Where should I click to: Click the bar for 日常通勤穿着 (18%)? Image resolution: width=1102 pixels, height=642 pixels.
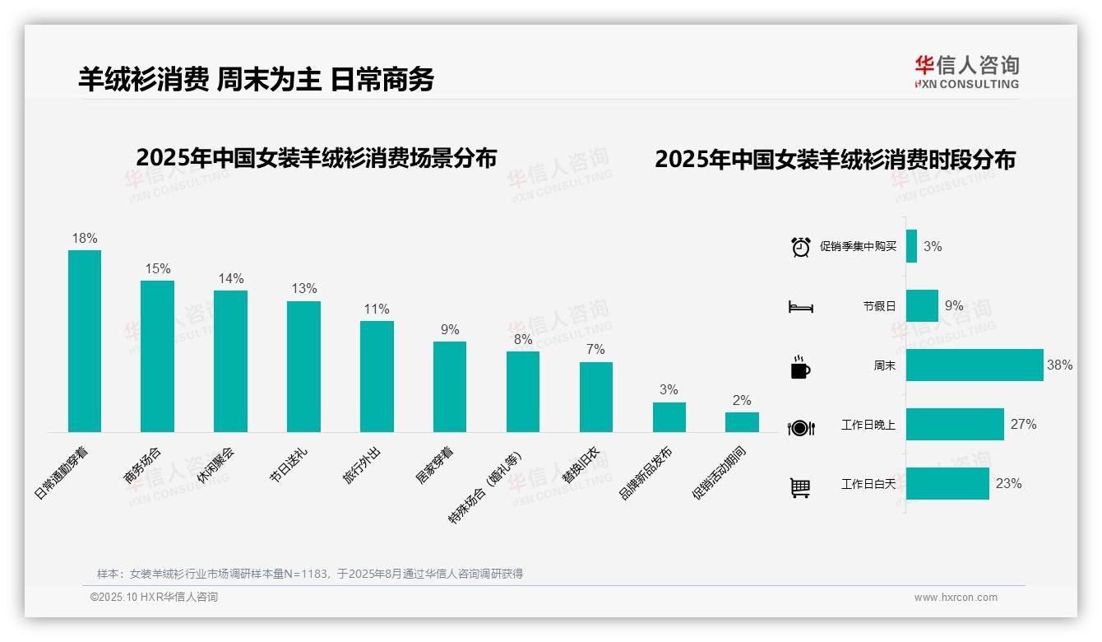(85, 341)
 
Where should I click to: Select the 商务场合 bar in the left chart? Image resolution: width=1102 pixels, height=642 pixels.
(157, 356)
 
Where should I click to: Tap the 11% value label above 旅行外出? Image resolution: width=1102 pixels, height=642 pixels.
(377, 309)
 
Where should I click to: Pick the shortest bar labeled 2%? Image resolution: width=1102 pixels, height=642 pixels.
(742, 422)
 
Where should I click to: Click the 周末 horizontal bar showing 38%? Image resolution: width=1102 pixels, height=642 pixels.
(975, 365)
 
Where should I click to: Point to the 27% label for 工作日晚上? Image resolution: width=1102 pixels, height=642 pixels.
(1023, 425)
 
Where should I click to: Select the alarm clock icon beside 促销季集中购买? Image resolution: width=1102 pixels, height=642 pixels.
(801, 246)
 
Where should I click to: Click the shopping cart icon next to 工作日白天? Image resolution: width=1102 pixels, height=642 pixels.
(800, 487)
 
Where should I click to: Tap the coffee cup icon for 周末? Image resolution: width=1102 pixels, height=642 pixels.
(800, 367)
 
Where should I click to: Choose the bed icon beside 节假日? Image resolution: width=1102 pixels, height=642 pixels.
(800, 307)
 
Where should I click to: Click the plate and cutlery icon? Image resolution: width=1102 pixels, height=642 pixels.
(800, 427)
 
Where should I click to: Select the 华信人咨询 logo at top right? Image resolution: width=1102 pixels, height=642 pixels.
(966, 72)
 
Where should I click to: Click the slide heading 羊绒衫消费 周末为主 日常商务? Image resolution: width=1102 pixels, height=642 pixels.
(256, 79)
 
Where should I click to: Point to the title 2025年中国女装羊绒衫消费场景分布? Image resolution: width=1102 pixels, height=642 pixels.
(317, 158)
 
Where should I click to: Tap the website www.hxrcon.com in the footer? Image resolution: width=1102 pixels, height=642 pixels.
(955, 598)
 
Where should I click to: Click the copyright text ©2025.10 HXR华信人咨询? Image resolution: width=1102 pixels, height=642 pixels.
(154, 598)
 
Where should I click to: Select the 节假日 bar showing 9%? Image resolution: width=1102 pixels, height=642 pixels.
(922, 305)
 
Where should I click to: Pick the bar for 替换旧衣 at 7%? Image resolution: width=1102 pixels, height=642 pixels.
(596, 397)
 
